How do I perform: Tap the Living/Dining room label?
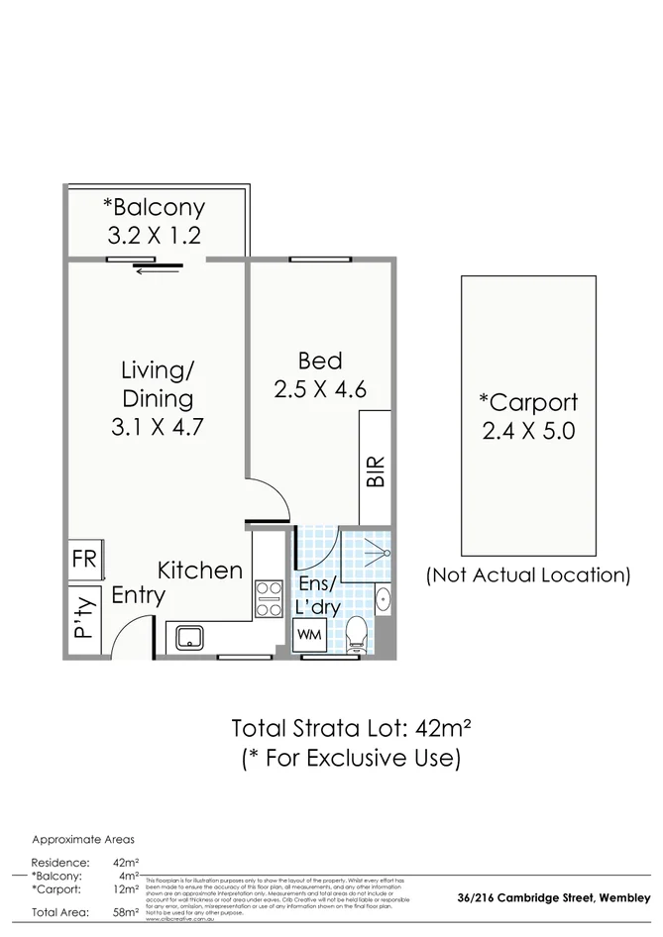tap(157, 385)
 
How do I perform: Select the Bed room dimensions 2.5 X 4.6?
tap(320, 389)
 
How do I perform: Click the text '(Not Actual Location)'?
tap(527, 574)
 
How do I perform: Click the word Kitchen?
tap(200, 571)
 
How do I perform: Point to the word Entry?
tap(138, 596)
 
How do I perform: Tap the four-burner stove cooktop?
tap(269, 597)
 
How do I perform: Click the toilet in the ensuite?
tap(358, 631)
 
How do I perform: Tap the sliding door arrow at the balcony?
tap(158, 270)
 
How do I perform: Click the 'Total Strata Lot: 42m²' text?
tap(351, 729)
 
